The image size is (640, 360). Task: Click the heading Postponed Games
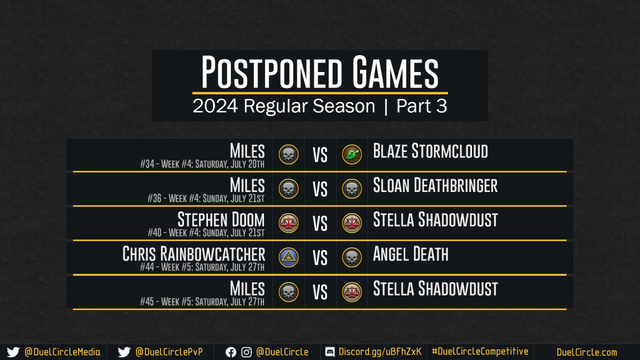(x=319, y=72)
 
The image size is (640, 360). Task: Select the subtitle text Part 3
(x=421, y=106)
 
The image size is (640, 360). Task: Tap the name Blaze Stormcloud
(x=430, y=151)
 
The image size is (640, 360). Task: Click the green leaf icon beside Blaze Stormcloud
(x=351, y=155)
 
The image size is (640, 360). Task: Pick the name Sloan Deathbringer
(x=435, y=186)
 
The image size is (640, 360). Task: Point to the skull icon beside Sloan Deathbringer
(x=351, y=189)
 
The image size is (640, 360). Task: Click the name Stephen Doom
(x=221, y=220)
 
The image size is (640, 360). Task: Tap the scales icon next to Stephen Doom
(x=289, y=223)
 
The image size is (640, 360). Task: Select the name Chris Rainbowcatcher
(x=194, y=254)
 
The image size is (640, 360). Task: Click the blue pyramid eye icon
(x=289, y=258)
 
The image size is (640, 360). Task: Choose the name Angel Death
(x=411, y=254)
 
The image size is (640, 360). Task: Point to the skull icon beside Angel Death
(x=351, y=258)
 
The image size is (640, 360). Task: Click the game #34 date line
(x=202, y=164)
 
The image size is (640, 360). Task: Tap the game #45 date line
(x=202, y=302)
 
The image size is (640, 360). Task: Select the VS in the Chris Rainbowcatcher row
(x=320, y=258)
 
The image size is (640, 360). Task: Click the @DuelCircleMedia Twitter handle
(x=62, y=352)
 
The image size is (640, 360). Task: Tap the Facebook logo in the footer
(x=231, y=353)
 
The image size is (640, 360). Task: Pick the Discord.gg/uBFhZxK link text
(x=380, y=351)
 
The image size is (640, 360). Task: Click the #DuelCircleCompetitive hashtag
(x=480, y=351)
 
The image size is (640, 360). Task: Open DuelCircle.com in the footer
(x=587, y=352)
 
